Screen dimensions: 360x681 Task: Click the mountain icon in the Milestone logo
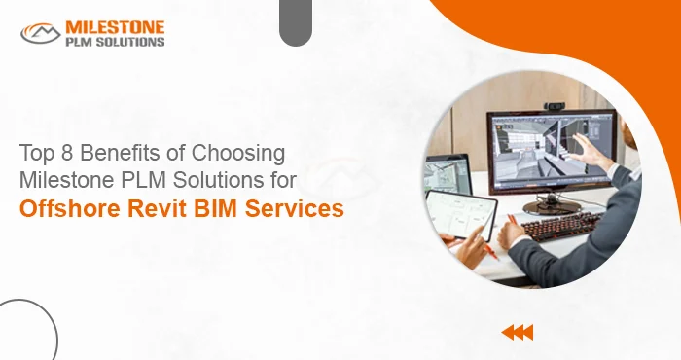click(40, 34)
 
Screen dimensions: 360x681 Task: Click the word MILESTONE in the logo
click(115, 26)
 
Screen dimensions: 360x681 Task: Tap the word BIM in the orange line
click(222, 208)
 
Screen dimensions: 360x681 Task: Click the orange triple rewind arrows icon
click(517, 333)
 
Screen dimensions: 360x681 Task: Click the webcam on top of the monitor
click(554, 105)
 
